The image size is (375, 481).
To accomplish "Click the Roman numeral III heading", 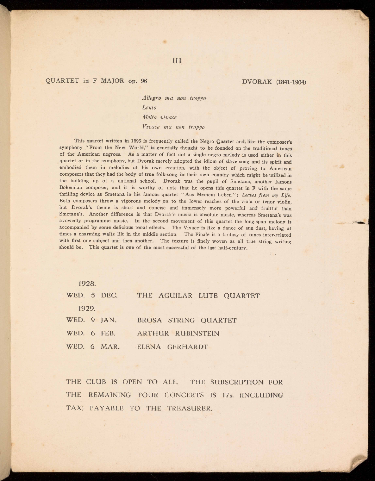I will tap(177, 60).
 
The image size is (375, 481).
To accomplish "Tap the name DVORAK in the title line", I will tap(257, 82).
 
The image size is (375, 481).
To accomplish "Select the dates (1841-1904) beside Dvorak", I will tap(291, 82).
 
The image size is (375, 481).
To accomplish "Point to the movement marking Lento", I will tap(149, 108).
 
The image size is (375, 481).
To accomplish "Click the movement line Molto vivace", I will tap(159, 117).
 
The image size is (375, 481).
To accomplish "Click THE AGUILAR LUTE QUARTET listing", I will tap(198, 296).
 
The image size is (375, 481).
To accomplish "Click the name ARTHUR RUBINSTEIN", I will tap(178, 334).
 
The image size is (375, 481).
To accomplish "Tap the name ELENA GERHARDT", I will tap(172, 347).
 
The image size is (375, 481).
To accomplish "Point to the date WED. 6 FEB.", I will tap(91, 334).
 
